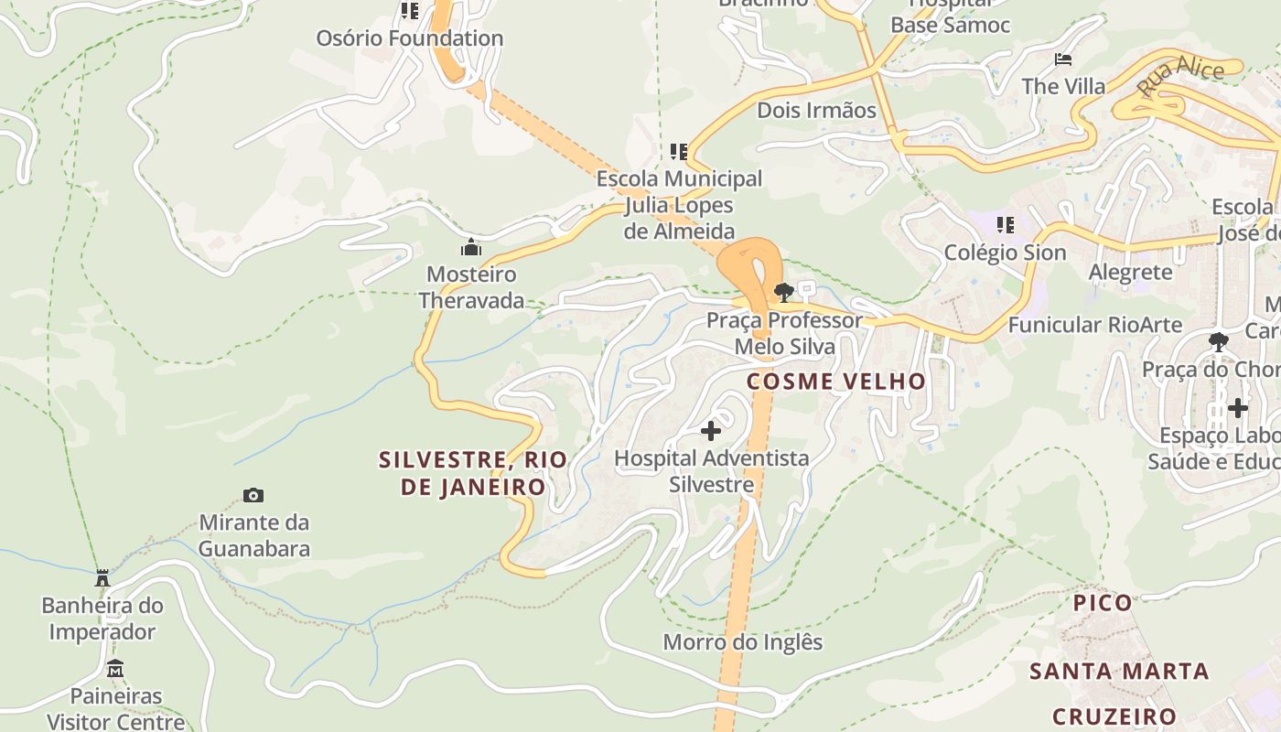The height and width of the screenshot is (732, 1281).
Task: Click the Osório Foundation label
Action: pyautogui.click(x=409, y=38)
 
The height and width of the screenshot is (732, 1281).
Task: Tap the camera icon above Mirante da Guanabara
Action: pyautogui.click(x=253, y=495)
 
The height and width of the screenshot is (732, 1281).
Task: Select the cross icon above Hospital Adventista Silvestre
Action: pyautogui.click(x=711, y=430)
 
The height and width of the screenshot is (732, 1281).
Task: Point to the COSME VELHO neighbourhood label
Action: pyautogui.click(x=836, y=382)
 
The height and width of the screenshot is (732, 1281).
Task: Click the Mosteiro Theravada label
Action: pyautogui.click(x=472, y=287)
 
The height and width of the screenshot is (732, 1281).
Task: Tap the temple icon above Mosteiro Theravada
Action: pyautogui.click(x=472, y=247)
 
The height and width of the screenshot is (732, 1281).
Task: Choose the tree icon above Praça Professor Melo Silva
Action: pyautogui.click(x=783, y=293)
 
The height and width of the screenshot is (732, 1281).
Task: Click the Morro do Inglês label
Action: pyautogui.click(x=743, y=642)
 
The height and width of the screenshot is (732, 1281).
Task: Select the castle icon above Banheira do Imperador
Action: pyautogui.click(x=102, y=577)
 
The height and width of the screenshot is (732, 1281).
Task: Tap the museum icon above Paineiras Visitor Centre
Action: pyautogui.click(x=115, y=669)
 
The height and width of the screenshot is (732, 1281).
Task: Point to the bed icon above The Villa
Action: pyautogui.click(x=1063, y=59)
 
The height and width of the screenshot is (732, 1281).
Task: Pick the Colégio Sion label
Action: pyautogui.click(x=1005, y=253)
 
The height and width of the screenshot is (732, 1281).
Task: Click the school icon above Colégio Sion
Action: pyautogui.click(x=1006, y=224)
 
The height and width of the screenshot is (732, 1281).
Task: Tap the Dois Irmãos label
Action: pyautogui.click(x=816, y=111)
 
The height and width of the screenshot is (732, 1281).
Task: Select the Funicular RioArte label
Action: pyautogui.click(x=1094, y=325)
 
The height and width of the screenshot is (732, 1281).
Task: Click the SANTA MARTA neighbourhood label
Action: pyautogui.click(x=1119, y=672)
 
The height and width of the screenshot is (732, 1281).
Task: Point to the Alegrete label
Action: pyautogui.click(x=1130, y=272)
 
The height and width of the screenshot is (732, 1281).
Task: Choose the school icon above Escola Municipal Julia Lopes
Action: pyautogui.click(x=679, y=151)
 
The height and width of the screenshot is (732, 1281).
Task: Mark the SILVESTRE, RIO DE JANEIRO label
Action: pyautogui.click(x=472, y=473)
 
